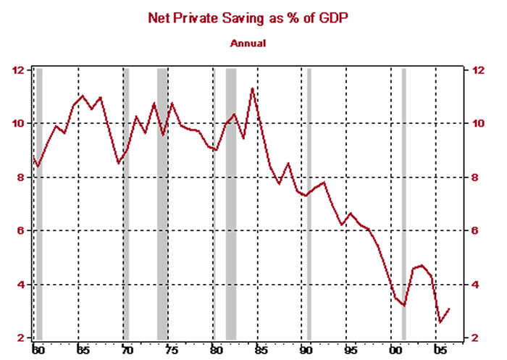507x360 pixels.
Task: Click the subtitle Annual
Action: click(248, 43)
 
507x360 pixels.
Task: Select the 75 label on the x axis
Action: click(171, 350)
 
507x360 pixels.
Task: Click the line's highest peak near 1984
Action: click(252, 88)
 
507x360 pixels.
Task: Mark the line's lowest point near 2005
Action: click(440, 322)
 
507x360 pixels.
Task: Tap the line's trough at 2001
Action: click(404, 306)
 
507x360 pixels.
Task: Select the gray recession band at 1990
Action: click(309, 203)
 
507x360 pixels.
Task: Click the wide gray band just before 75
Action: click(163, 203)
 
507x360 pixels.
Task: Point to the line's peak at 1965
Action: click(82, 96)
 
